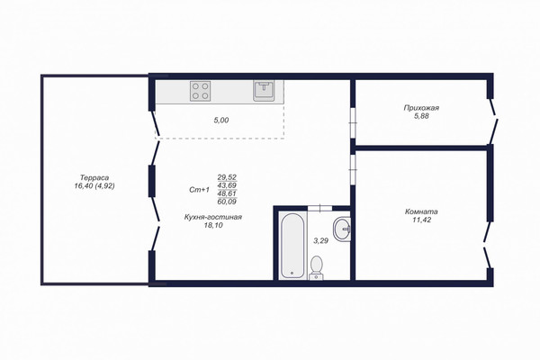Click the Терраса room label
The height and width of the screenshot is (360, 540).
(x=94, y=178)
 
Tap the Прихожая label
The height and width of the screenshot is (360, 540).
(x=421, y=108)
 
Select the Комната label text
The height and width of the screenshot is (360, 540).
(x=421, y=211)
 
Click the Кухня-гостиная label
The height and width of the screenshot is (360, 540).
(x=213, y=217)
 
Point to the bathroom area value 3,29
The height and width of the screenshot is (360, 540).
(x=320, y=241)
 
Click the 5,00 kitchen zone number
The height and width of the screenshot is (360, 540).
(x=221, y=121)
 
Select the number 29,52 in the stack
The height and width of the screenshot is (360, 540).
(x=227, y=177)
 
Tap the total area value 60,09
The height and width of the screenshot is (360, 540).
(x=227, y=202)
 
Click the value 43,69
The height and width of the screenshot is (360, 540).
(x=227, y=185)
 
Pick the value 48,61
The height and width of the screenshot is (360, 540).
(x=227, y=193)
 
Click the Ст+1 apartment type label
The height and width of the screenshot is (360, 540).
(x=200, y=190)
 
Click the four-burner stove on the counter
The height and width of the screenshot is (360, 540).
(x=200, y=91)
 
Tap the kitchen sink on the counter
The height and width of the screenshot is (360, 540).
(x=264, y=91)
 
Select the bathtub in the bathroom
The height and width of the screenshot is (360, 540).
(x=292, y=246)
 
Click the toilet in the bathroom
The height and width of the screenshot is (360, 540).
(x=316, y=267)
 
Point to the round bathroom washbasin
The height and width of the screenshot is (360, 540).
(x=341, y=228)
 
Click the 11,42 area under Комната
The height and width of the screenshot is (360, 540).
(x=421, y=220)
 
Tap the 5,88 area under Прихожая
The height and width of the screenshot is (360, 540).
(x=421, y=116)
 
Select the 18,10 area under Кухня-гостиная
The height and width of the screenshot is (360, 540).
(x=213, y=225)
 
